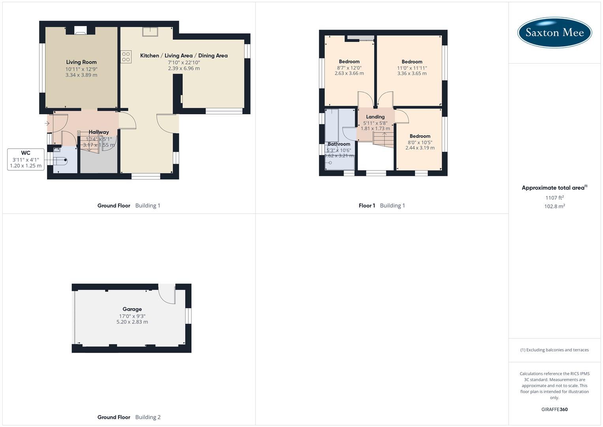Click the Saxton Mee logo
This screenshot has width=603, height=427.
pos(554,32)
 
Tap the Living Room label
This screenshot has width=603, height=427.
pos(81,62)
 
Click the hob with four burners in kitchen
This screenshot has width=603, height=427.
pos(126,57)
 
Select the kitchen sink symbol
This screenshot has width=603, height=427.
pos(150,32)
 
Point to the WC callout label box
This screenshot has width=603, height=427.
pos(26,159)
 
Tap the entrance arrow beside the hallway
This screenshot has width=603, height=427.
pos(47,124)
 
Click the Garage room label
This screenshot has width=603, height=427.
pos(132,309)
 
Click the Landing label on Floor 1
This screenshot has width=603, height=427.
pos(375,117)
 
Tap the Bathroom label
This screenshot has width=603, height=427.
pos(339,144)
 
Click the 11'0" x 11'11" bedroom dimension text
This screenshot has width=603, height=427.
pos(412,68)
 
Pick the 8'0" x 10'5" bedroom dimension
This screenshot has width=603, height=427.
pos(420,142)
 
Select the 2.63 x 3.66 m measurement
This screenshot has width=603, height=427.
pos(349,73)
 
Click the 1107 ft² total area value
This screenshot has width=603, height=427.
pos(554,198)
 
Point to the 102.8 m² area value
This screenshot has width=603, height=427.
pos(554,206)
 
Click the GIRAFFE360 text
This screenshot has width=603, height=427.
pos(554,409)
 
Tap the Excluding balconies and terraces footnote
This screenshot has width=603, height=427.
pos(554,350)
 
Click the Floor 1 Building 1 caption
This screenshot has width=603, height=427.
pos(381,206)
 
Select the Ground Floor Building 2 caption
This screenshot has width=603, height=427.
pos(129,417)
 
